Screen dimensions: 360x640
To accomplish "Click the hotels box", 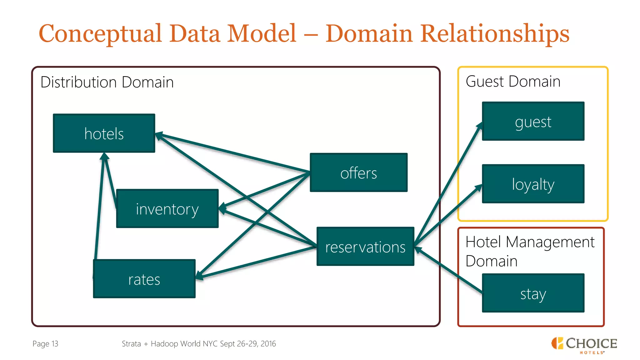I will tap(104, 133).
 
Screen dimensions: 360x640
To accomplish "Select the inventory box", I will tap(167, 208).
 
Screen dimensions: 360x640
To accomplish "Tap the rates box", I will tap(144, 279).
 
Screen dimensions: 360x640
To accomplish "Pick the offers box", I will tap(358, 172).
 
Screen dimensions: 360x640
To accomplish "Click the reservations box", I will tap(365, 247).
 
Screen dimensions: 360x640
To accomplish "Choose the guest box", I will tap(533, 121).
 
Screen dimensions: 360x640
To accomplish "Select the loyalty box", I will tap(533, 184).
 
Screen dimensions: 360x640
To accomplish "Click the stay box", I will tap(533, 293).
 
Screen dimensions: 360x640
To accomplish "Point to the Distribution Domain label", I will tap(107, 82).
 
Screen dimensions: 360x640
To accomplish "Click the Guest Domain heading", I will tap(513, 82).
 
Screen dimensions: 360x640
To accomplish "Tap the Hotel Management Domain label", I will tap(530, 251).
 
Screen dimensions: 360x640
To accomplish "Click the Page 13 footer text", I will tap(45, 344).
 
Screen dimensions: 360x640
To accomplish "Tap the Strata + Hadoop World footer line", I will tap(199, 344).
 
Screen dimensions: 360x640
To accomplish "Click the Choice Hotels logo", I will tap(584, 345).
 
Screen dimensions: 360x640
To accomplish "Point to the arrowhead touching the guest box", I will tap(480, 126).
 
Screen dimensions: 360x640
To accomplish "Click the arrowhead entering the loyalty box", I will tap(479, 187).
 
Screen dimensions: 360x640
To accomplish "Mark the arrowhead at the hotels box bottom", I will tap(104, 156).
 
